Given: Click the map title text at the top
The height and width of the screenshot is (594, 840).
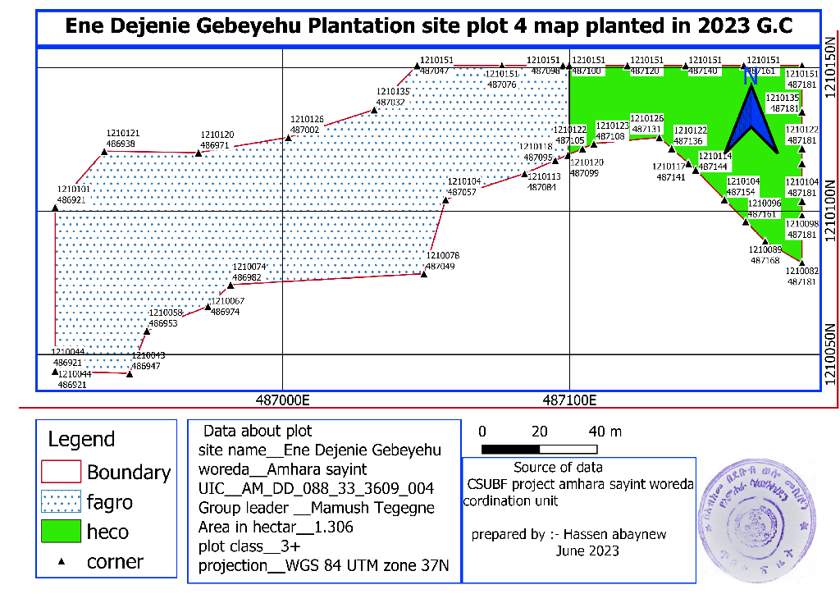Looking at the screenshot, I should coord(427,26).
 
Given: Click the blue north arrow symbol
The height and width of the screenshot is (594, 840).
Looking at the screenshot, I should coord(751,115).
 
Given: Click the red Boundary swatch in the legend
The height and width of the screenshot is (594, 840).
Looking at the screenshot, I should coord(61,472).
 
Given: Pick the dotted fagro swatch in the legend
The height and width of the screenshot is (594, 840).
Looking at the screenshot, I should coord(61,501).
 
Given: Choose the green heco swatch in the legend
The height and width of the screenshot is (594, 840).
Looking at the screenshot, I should coord(61,531).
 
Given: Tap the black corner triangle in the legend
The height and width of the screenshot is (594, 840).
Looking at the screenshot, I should coord(61,562).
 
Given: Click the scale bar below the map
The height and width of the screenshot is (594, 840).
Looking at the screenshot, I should coord(538,449).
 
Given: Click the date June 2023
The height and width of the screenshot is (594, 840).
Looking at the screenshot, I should coord(587,551).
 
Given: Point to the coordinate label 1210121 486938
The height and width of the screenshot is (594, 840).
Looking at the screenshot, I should coord(121,138).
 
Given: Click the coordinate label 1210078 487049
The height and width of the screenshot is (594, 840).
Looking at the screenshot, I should coord(442,261).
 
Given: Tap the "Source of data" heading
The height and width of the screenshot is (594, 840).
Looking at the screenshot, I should coord(558,468).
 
